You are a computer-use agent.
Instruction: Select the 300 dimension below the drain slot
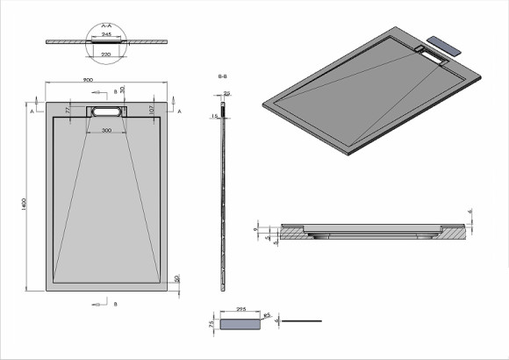[x=107, y=130]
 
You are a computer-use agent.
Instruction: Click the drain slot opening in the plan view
[x=107, y=112]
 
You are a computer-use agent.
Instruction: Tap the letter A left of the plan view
[x=32, y=113]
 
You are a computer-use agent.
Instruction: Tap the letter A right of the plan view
[x=179, y=113]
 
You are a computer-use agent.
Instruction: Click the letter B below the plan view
[x=115, y=304]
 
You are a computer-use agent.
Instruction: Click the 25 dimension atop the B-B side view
[x=226, y=93]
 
